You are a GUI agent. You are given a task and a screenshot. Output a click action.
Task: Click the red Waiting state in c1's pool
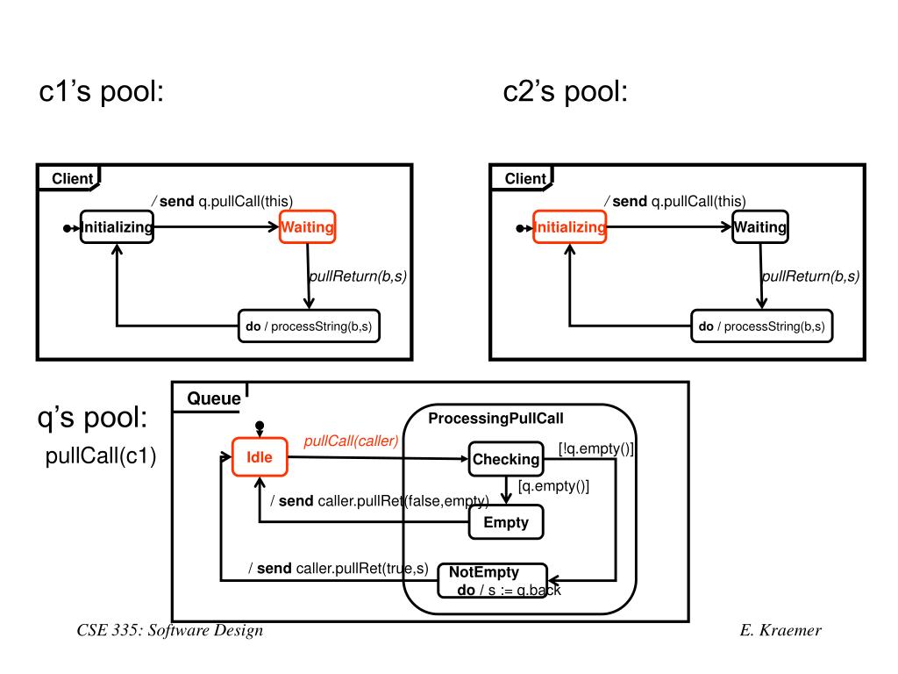307,227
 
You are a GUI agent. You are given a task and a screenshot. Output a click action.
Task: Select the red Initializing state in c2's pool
570,227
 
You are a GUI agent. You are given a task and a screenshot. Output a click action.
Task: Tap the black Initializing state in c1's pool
117,227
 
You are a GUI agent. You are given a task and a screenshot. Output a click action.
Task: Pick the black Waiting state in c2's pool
760,227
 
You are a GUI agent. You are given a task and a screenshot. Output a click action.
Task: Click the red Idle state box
260,457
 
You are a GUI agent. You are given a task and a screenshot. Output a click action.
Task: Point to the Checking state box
506,459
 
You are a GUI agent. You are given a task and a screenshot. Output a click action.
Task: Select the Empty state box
506,522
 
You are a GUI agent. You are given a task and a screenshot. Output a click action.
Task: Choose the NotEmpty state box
491,580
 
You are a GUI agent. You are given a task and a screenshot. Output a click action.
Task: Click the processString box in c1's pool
310,326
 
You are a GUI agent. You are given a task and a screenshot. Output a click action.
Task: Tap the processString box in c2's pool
762,326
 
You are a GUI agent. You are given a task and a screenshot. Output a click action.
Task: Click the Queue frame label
214,399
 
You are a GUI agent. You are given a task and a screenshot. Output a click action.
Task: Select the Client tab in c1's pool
72,179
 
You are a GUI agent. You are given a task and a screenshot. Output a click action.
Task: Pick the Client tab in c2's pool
525,179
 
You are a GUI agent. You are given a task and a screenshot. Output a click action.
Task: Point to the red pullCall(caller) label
351,441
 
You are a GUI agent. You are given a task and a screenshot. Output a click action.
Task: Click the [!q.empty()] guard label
596,448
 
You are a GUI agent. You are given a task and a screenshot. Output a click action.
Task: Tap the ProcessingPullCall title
495,419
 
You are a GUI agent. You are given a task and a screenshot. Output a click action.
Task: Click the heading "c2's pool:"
566,91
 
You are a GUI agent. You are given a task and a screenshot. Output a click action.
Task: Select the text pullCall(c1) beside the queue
100,458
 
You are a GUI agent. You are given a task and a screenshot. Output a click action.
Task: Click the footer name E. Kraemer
780,631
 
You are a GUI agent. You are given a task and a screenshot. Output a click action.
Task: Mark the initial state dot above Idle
260,426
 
